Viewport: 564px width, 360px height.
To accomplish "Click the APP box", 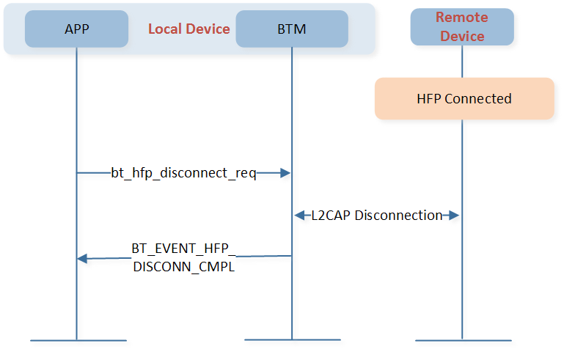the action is coord(76,29).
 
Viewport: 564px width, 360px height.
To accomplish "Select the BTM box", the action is coord(292,29).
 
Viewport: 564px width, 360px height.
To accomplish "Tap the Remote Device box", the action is coord(462,27).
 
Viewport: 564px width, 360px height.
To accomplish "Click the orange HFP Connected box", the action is coord(464,98).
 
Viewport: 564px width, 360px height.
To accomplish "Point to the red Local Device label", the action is coord(188,29).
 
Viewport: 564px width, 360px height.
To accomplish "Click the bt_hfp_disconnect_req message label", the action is coord(183,173).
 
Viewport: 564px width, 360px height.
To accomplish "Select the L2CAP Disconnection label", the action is coord(376,216).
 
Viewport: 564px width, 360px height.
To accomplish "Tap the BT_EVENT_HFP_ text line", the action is coord(183,249).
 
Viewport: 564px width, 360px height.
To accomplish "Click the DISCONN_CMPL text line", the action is coord(184,267).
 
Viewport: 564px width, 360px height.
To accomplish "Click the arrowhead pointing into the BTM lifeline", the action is coord(285,173).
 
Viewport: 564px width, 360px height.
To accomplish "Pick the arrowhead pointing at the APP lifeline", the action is coord(82,259).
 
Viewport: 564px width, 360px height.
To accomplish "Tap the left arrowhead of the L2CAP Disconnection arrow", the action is coord(300,216).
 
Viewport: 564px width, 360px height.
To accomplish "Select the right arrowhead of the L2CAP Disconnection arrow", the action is coord(454,216).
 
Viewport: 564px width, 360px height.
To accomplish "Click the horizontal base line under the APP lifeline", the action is coord(78,340).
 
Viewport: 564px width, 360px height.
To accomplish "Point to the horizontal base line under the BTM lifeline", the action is coord(293,339).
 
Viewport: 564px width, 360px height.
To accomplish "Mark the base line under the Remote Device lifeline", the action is coord(464,340).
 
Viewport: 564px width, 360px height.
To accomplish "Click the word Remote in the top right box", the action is coord(462,18).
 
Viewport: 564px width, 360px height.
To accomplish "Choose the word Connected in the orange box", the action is coord(478,98).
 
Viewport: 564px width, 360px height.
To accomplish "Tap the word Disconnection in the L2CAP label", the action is coord(398,216).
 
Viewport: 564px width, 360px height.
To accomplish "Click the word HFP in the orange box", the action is coord(429,98).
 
